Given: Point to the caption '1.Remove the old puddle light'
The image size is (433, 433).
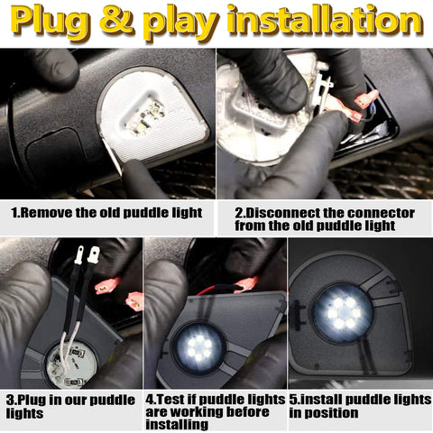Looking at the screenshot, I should click(106, 213).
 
